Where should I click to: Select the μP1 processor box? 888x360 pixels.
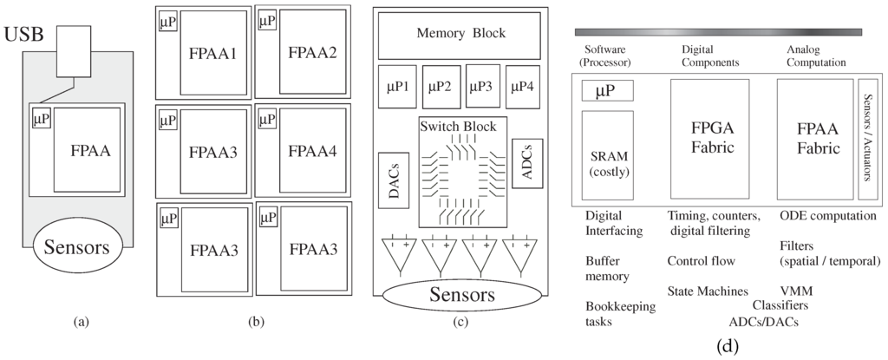pyautogui.click(x=397, y=86)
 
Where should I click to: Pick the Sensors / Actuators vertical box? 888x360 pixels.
pyautogui.click(x=867, y=139)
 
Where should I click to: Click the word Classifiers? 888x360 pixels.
pyautogui.click(x=780, y=305)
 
